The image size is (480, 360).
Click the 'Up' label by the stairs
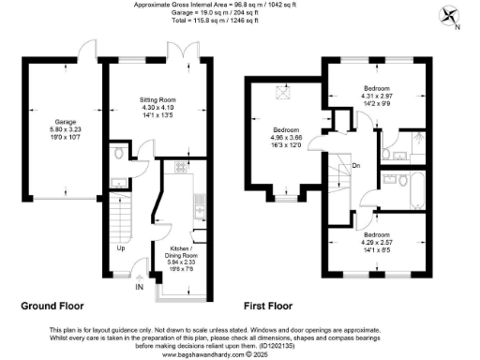tap(121, 249)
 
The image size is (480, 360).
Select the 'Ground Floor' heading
tap(52, 307)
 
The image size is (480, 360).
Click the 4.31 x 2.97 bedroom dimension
tap(382, 97)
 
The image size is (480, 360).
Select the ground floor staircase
tap(121, 223)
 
